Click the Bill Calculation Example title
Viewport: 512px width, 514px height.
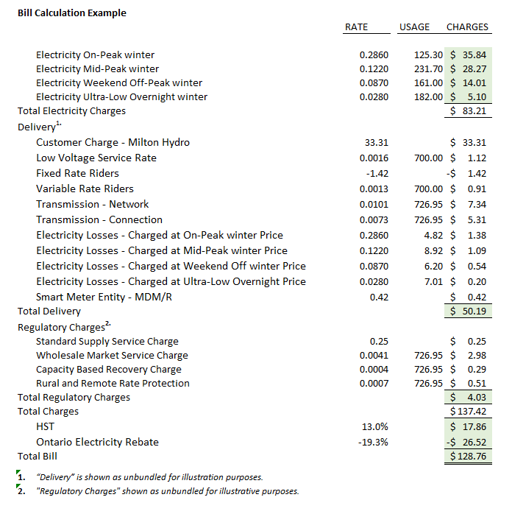click(72, 13)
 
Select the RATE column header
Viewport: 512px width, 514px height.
click(356, 27)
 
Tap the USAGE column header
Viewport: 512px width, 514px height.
click(414, 27)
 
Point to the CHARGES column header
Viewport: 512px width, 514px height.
click(467, 27)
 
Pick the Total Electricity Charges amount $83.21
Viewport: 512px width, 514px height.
click(469, 111)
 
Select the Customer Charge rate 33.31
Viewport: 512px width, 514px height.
click(376, 143)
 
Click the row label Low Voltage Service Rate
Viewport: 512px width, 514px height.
click(96, 158)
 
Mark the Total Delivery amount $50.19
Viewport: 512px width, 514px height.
click(469, 311)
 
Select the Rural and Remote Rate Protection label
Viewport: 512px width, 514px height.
click(113, 384)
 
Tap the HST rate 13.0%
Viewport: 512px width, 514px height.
click(375, 426)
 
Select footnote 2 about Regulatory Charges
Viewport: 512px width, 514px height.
click(166, 491)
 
